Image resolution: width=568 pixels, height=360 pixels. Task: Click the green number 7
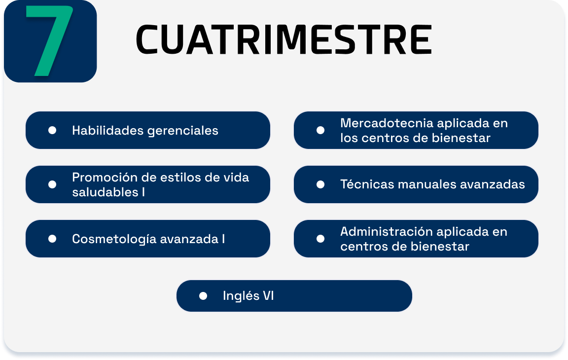pos(49,41)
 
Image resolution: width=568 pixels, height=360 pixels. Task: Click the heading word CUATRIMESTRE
pos(284,39)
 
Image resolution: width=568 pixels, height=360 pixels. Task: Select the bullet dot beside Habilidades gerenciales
pos(52,130)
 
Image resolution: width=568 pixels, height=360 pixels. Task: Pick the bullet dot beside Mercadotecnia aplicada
pos(320,130)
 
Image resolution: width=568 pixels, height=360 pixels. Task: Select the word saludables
pos(105,192)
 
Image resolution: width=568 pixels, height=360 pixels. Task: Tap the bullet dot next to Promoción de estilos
pos(52,184)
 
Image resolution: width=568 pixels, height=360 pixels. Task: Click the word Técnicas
pos(367,184)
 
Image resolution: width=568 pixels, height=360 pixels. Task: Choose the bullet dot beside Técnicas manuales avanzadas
pos(320,184)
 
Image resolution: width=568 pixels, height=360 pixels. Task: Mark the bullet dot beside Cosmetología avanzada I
pos(52,239)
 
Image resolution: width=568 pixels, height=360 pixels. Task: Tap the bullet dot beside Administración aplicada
pos(320,239)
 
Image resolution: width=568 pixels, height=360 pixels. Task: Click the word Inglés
pos(241,296)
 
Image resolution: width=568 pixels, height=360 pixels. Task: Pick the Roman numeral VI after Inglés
pos(268,295)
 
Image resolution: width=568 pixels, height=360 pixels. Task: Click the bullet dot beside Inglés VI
pos(203,296)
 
